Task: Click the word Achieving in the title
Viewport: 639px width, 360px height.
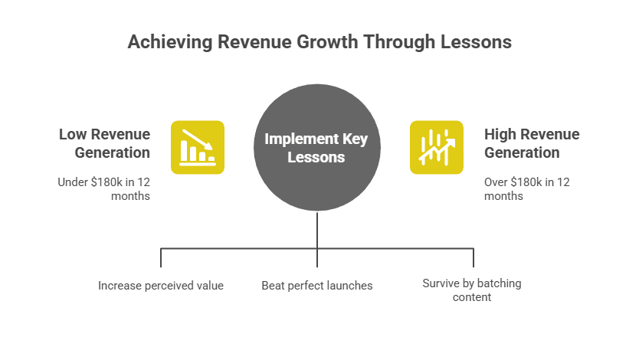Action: pyautogui.click(x=170, y=42)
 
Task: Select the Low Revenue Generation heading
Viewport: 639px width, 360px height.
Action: pyautogui.click(x=105, y=143)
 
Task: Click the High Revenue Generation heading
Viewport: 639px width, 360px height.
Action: pyautogui.click(x=532, y=143)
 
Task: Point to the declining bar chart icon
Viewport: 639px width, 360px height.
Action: pyautogui.click(x=198, y=147)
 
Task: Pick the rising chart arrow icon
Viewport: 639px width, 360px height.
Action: pyautogui.click(x=437, y=147)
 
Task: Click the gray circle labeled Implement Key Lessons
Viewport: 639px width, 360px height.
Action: pyautogui.click(x=317, y=147)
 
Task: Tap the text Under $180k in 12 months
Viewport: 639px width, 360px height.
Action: pyautogui.click(x=104, y=189)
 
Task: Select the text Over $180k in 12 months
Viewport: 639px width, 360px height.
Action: pyautogui.click(x=527, y=189)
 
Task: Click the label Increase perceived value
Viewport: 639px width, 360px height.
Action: pyautogui.click(x=161, y=286)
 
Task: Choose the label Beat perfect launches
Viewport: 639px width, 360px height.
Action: pyautogui.click(x=317, y=286)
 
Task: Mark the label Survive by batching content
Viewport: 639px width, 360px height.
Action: pyautogui.click(x=472, y=290)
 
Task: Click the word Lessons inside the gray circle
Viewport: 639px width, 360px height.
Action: pyautogui.click(x=316, y=158)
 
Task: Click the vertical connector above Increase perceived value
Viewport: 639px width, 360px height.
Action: pyautogui.click(x=161, y=258)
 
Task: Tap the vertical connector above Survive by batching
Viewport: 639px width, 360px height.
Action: pyautogui.click(x=474, y=258)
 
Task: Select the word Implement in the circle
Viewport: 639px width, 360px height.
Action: pyautogui.click(x=302, y=139)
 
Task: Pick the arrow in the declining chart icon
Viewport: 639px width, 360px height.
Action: pyautogui.click(x=198, y=139)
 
